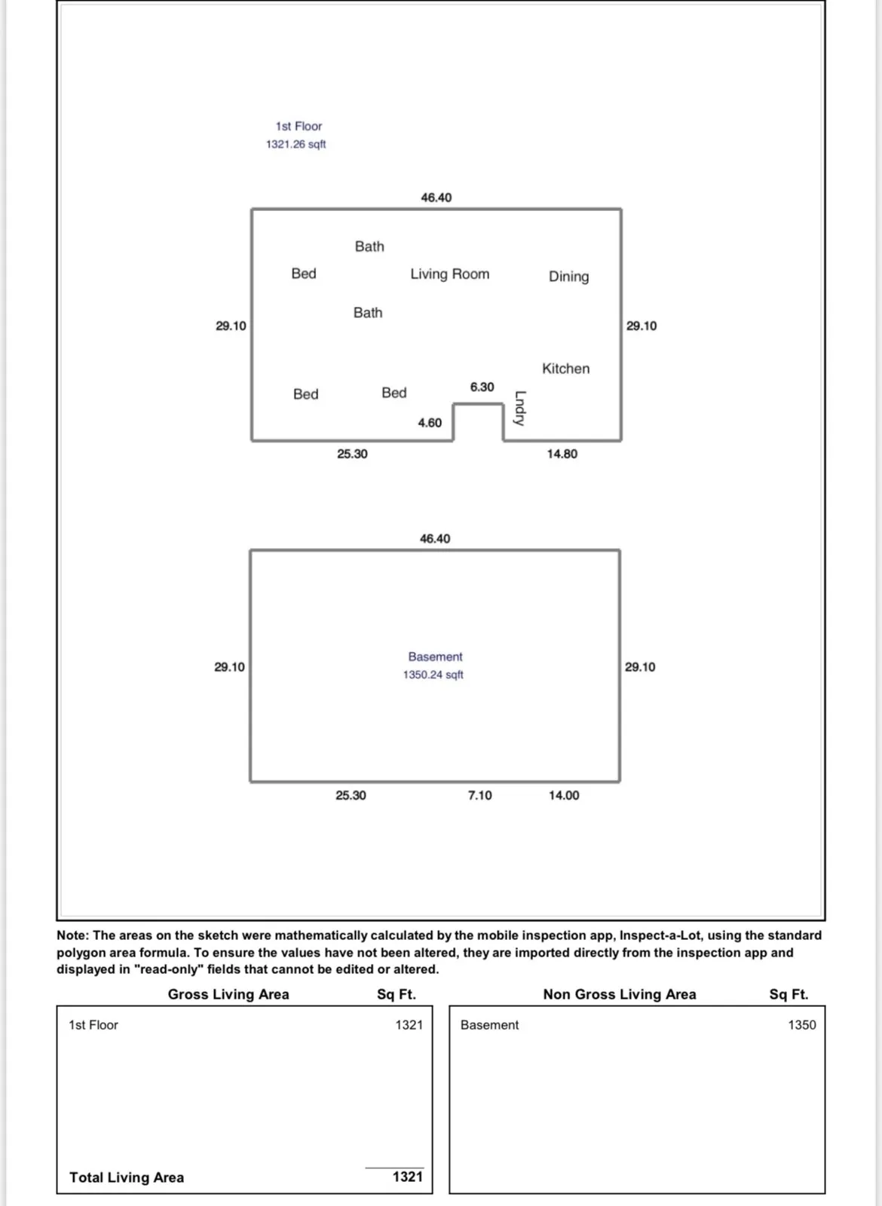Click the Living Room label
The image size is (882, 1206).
point(449,274)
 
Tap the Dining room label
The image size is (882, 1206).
point(568,277)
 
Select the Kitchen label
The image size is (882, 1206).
point(565,369)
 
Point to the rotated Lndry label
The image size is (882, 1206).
point(519,408)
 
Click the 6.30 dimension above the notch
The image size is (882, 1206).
point(482,387)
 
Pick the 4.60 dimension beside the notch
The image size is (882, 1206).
point(430,423)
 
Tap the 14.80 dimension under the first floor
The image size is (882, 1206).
point(562,454)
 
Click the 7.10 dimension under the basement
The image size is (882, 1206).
point(479,795)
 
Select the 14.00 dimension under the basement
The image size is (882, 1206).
point(564,795)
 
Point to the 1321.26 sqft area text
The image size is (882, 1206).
point(296,144)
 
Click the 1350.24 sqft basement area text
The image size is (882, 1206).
point(433,675)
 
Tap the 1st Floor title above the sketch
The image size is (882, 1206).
point(299,126)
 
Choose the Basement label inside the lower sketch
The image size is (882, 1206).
point(435,657)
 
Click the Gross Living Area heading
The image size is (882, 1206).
point(228,994)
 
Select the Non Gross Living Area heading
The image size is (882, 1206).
point(620,994)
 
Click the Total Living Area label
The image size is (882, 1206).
point(127,1177)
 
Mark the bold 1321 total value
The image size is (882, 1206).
point(407,1177)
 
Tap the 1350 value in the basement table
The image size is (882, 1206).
point(801,1024)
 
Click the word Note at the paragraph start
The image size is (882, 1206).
point(72,935)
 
